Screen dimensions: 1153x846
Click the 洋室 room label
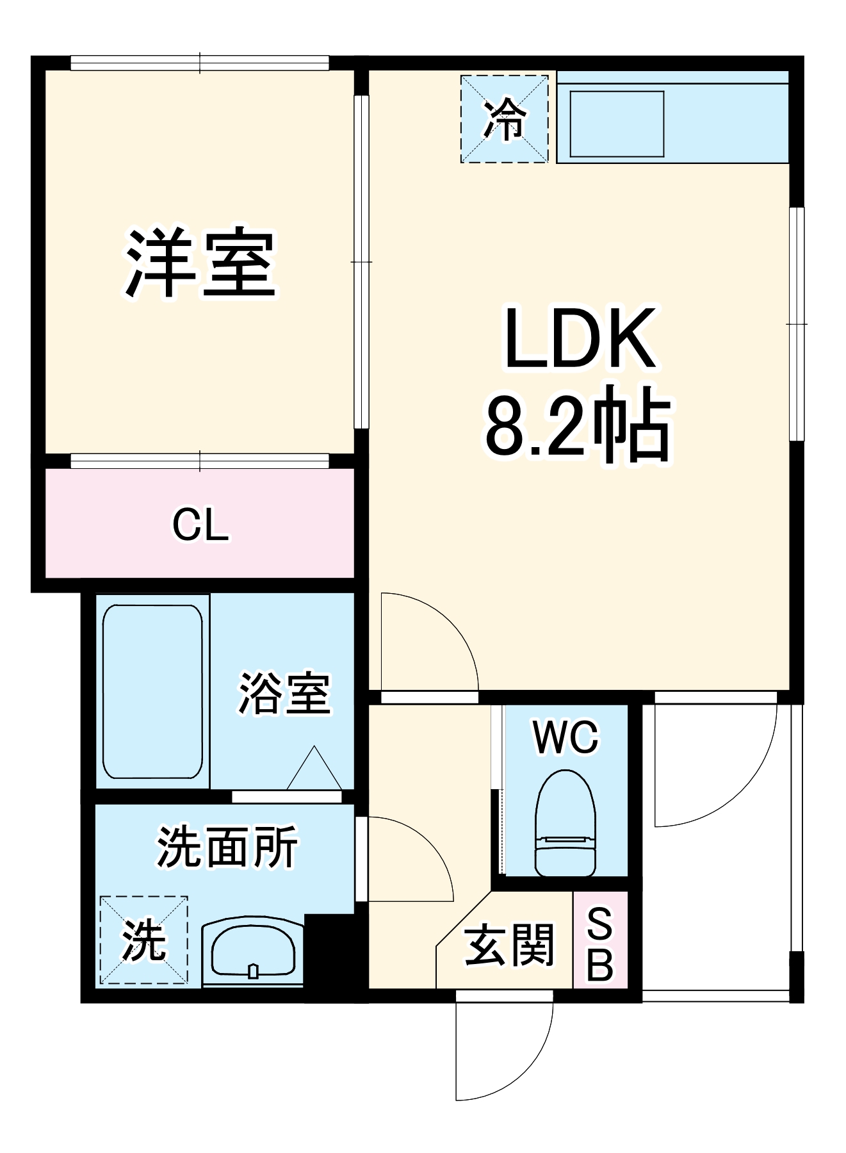tap(200, 263)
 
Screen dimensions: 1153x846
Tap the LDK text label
tap(580, 339)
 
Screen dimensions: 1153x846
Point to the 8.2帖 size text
tap(578, 425)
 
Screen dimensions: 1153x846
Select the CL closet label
tap(200, 526)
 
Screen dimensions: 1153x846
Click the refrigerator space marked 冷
tap(505, 119)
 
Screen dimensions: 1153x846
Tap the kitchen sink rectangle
tap(616, 124)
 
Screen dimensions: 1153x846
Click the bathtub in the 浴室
tap(152, 692)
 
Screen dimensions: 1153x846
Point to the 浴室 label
tap(284, 693)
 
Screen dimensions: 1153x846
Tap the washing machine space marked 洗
tap(144, 940)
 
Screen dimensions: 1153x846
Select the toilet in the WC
tap(565, 823)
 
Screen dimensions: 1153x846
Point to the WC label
tap(565, 737)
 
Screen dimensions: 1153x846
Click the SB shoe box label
tap(599, 945)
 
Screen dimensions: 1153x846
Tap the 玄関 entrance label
tap(508, 945)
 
